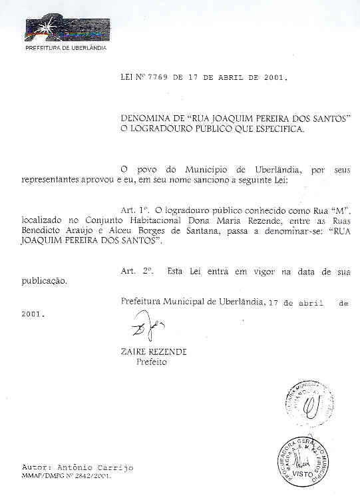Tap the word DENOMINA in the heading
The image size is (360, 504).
point(145,118)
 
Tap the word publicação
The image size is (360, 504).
point(44,282)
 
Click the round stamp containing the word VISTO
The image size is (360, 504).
point(304,459)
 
